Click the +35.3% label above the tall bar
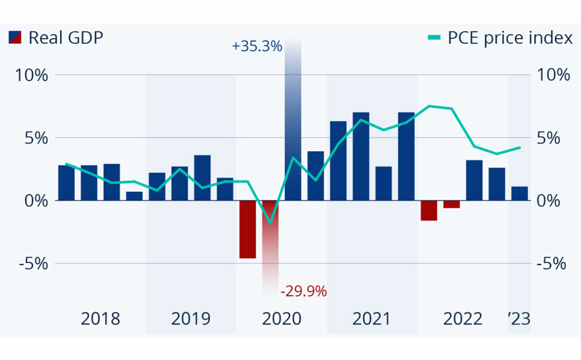point(256,46)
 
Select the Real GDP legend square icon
point(15,38)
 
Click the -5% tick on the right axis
point(552,264)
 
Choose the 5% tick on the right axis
point(552,138)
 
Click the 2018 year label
point(100,319)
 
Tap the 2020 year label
point(281,319)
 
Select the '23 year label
point(519,319)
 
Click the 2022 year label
point(463,319)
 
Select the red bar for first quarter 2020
point(248,229)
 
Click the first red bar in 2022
point(429,210)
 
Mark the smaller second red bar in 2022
point(451,204)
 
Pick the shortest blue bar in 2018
point(134,196)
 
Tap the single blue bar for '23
point(519,194)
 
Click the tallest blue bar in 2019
point(202,177)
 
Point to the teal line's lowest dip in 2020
point(270,223)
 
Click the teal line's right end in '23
point(520,147)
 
